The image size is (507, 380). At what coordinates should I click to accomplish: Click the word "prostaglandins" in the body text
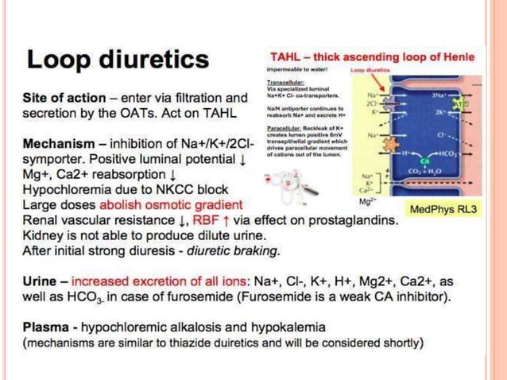(357, 219)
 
